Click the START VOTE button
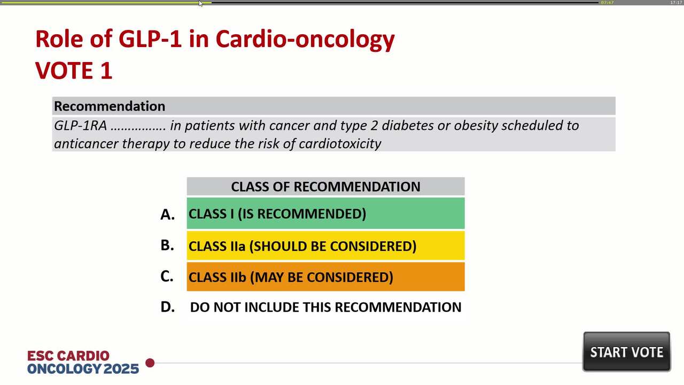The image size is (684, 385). tap(626, 352)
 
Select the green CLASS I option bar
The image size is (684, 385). tap(325, 213)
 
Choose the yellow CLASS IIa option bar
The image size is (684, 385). tap(325, 246)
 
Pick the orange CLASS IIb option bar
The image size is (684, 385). tap(325, 277)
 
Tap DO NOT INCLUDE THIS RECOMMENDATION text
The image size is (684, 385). tap(325, 307)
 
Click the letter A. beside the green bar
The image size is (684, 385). tap(167, 214)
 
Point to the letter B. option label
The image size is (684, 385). tap(167, 245)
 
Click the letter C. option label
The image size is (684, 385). tap(167, 276)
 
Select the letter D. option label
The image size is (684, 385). tap(167, 307)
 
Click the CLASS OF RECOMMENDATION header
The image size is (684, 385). tap(325, 187)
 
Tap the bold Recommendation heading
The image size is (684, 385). tap(110, 106)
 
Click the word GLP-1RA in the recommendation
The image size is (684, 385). tap(80, 126)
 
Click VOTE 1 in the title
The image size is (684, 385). tap(74, 71)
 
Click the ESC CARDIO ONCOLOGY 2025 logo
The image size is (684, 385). tap(83, 362)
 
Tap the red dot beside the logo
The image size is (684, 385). tap(150, 363)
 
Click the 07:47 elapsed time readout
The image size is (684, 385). tap(607, 3)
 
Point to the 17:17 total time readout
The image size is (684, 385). tap(676, 3)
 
